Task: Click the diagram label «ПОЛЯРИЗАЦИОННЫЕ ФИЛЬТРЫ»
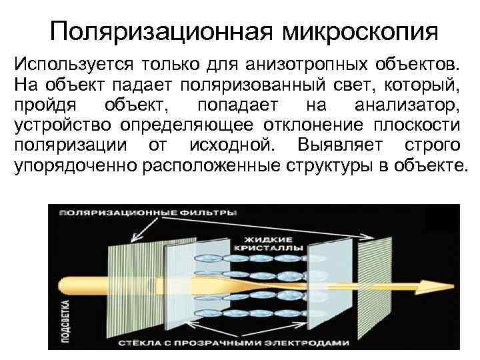click(x=147, y=213)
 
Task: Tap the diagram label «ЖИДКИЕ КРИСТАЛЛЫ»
click(x=269, y=243)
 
